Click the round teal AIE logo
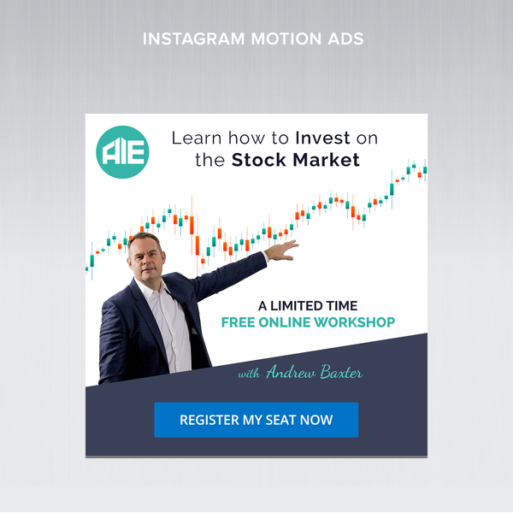click(x=123, y=152)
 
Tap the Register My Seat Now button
click(x=256, y=420)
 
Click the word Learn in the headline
click(x=195, y=138)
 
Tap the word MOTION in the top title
click(x=281, y=39)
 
